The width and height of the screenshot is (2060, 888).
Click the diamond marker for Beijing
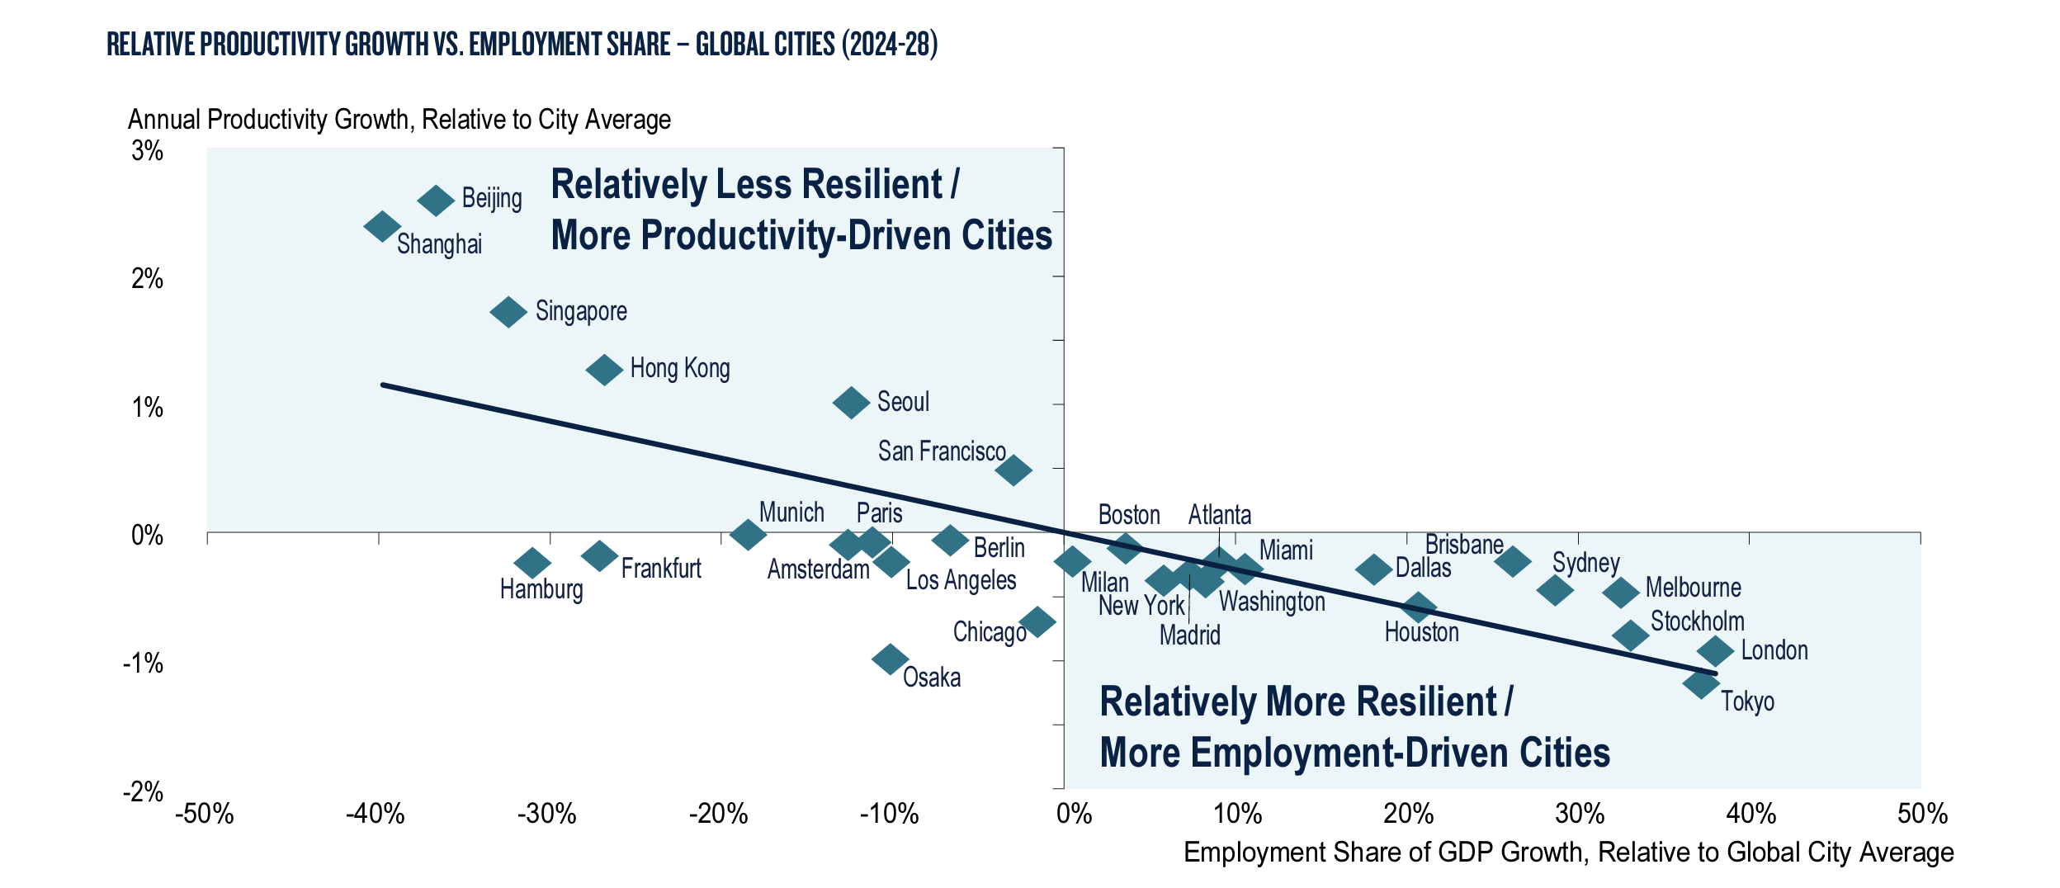click(x=436, y=200)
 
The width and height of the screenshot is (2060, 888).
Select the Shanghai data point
click(x=382, y=226)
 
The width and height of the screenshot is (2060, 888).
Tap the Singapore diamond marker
click(x=508, y=312)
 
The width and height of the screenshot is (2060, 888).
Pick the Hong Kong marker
click(x=604, y=369)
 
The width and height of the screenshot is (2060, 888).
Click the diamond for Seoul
click(x=851, y=403)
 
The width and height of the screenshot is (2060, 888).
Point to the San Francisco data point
click(x=1013, y=470)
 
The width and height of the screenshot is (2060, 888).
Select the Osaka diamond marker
click(x=890, y=659)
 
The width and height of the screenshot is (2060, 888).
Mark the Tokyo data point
click(x=1701, y=683)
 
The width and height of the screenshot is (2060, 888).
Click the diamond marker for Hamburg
click(x=532, y=564)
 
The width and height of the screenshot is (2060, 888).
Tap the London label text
click(x=1774, y=650)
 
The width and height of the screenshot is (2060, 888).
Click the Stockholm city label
click(x=1697, y=621)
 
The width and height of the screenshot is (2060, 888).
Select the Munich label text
click(x=791, y=512)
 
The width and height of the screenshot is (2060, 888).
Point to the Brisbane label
click(x=1464, y=545)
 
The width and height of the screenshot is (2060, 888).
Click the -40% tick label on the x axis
click(x=376, y=815)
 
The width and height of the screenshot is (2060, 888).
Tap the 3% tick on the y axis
click(x=148, y=150)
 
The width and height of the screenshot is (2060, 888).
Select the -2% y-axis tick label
click(x=144, y=792)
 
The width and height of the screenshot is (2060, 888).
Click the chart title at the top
click(x=522, y=45)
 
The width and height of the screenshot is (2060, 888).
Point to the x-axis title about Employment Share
click(x=1568, y=853)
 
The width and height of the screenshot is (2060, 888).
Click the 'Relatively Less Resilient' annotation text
click(x=754, y=184)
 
